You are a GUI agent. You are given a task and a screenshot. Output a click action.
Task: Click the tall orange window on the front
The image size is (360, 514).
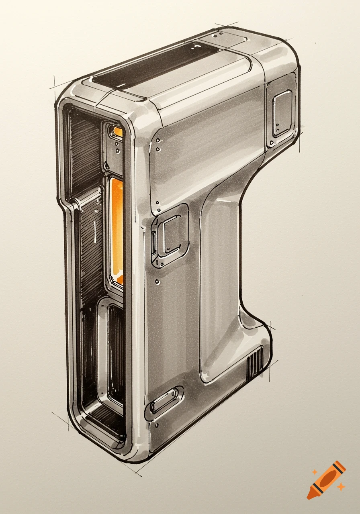117,231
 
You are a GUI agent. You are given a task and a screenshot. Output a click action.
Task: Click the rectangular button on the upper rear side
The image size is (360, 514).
282,112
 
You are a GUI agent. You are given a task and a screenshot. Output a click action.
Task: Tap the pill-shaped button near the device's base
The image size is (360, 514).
165,400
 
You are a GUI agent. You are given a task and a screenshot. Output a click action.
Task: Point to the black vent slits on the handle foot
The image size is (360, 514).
255,363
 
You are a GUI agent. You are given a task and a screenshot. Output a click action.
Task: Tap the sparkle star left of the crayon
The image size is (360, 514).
315,472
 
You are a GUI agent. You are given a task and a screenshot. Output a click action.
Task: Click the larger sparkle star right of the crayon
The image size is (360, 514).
341,487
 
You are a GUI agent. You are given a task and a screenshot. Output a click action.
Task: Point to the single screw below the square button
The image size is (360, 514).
158,281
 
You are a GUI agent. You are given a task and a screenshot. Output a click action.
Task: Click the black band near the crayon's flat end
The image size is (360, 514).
339,467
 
